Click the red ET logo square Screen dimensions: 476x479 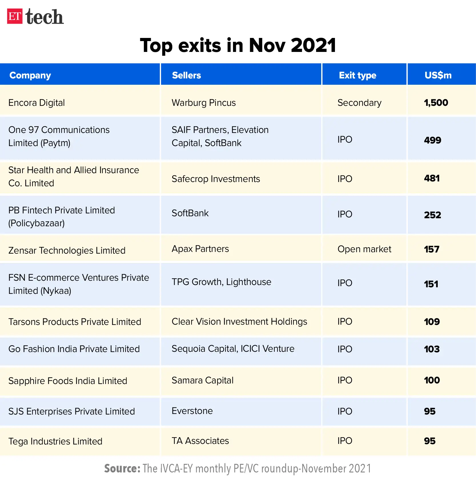point(15,16)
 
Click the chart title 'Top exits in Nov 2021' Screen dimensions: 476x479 point(238,45)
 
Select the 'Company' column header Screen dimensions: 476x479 point(30,75)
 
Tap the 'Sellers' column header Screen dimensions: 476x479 point(186,75)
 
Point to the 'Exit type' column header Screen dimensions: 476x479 point(357,75)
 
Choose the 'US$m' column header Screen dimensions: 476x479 point(438,75)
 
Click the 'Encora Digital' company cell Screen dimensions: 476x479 point(37,103)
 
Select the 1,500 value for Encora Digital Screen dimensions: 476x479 point(436,103)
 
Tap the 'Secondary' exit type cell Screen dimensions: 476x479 point(359,103)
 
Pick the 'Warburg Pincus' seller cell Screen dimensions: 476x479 point(204,103)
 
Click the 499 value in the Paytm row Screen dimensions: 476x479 point(433,140)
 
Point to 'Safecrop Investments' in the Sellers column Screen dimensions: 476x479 point(216,179)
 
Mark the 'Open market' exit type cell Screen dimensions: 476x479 point(364,249)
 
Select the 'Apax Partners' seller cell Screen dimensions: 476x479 point(200,249)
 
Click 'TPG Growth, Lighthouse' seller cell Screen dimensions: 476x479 point(222,282)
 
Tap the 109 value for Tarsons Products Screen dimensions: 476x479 point(432,322)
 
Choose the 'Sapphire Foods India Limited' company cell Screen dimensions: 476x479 point(68,381)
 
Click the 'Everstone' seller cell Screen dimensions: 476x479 point(192,411)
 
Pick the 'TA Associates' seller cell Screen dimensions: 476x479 point(200,441)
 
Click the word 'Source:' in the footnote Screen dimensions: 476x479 point(122,468)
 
